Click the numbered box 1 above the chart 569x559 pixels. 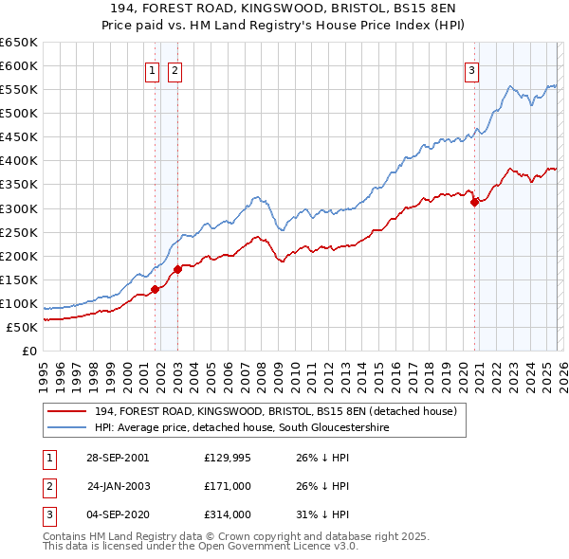[x=153, y=68]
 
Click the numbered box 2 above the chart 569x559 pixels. [x=175, y=68]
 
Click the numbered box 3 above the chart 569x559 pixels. [x=471, y=68]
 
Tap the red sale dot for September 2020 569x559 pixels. [x=474, y=201]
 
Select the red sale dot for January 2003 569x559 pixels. [x=177, y=269]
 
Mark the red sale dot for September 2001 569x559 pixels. [x=155, y=289]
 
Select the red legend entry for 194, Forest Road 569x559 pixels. [x=276, y=411]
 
